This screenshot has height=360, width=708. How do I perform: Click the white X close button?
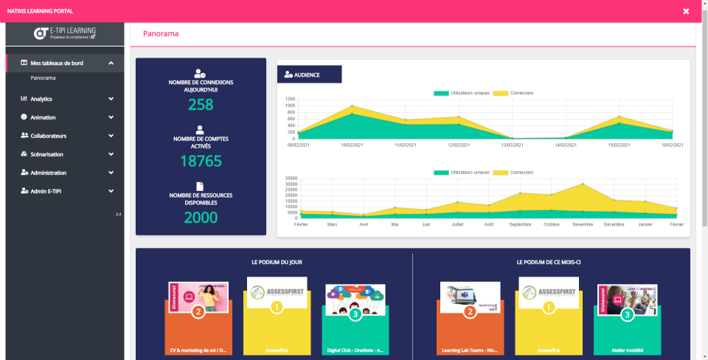pos(686,11)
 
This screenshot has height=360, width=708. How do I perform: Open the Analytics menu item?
pos(41,99)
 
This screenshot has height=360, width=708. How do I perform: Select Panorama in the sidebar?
pos(44,77)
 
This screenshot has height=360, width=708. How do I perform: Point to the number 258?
pos(201,105)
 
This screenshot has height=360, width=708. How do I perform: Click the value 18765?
pos(201,161)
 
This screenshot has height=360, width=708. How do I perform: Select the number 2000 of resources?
pos(201,217)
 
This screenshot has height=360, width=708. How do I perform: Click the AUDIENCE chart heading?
pos(307,75)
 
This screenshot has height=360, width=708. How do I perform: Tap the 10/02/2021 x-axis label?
pos(353,145)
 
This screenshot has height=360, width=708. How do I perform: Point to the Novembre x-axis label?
pos(583,224)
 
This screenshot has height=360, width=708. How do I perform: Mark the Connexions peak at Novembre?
pos(583,184)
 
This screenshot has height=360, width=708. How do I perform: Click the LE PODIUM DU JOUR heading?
pos(277,262)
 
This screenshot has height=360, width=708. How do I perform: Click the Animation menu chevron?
pos(111,117)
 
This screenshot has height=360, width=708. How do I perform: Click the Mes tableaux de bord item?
pos(57,63)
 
